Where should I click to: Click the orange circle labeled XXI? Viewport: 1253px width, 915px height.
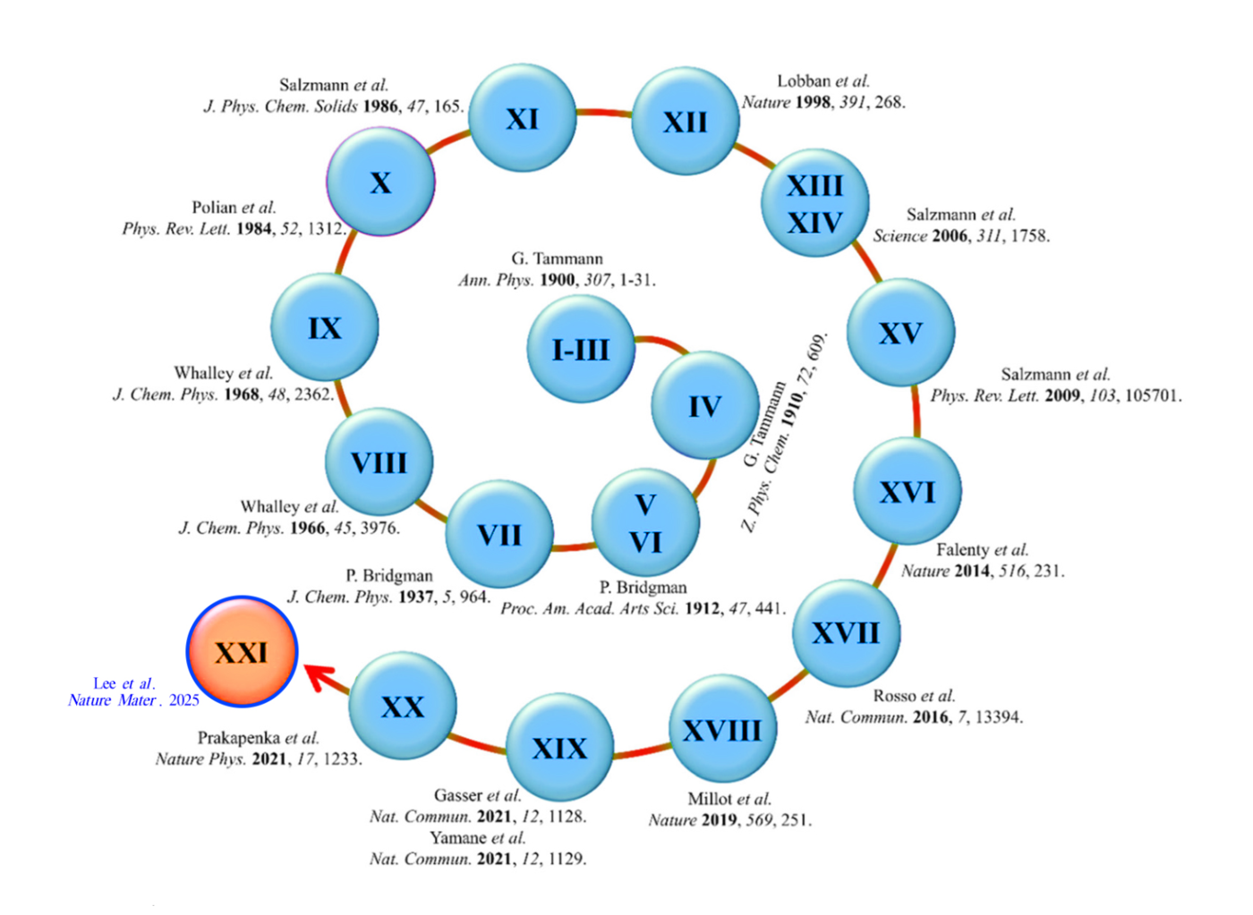pyautogui.click(x=242, y=651)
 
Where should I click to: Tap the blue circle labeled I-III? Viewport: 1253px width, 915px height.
pyautogui.click(x=581, y=349)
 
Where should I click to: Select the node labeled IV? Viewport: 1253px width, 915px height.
pyautogui.click(x=704, y=406)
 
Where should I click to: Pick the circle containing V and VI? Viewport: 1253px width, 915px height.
pyautogui.click(x=645, y=523)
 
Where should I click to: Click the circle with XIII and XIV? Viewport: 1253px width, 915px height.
pyautogui.click(x=814, y=204)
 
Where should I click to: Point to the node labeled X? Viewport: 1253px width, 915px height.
pyautogui.click(x=380, y=182)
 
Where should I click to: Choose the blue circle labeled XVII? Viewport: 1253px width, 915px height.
pyautogui.click(x=846, y=633)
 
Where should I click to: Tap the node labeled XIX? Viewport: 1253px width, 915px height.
pyautogui.click(x=559, y=747)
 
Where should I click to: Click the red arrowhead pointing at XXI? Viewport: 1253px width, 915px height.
pyautogui.click(x=316, y=674)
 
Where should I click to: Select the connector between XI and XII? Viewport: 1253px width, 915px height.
pyautogui.click(x=604, y=113)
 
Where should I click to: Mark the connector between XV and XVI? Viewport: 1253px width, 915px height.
pyautogui.click(x=916, y=411)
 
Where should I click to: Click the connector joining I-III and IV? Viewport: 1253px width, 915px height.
pyautogui.click(x=662, y=343)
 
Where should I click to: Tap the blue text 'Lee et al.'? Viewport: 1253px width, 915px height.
pyautogui.click(x=124, y=683)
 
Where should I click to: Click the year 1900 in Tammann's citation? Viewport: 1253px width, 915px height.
pyautogui.click(x=558, y=280)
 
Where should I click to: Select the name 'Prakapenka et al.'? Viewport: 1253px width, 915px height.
pyautogui.click(x=258, y=738)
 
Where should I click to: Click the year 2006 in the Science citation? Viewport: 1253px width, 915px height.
pyautogui.click(x=950, y=236)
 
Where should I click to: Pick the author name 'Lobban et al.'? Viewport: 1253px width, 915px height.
pyautogui.click(x=823, y=81)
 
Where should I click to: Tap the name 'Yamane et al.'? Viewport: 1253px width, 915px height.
pyautogui.click(x=477, y=838)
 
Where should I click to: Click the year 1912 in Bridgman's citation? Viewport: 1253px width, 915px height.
pyautogui.click(x=703, y=609)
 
